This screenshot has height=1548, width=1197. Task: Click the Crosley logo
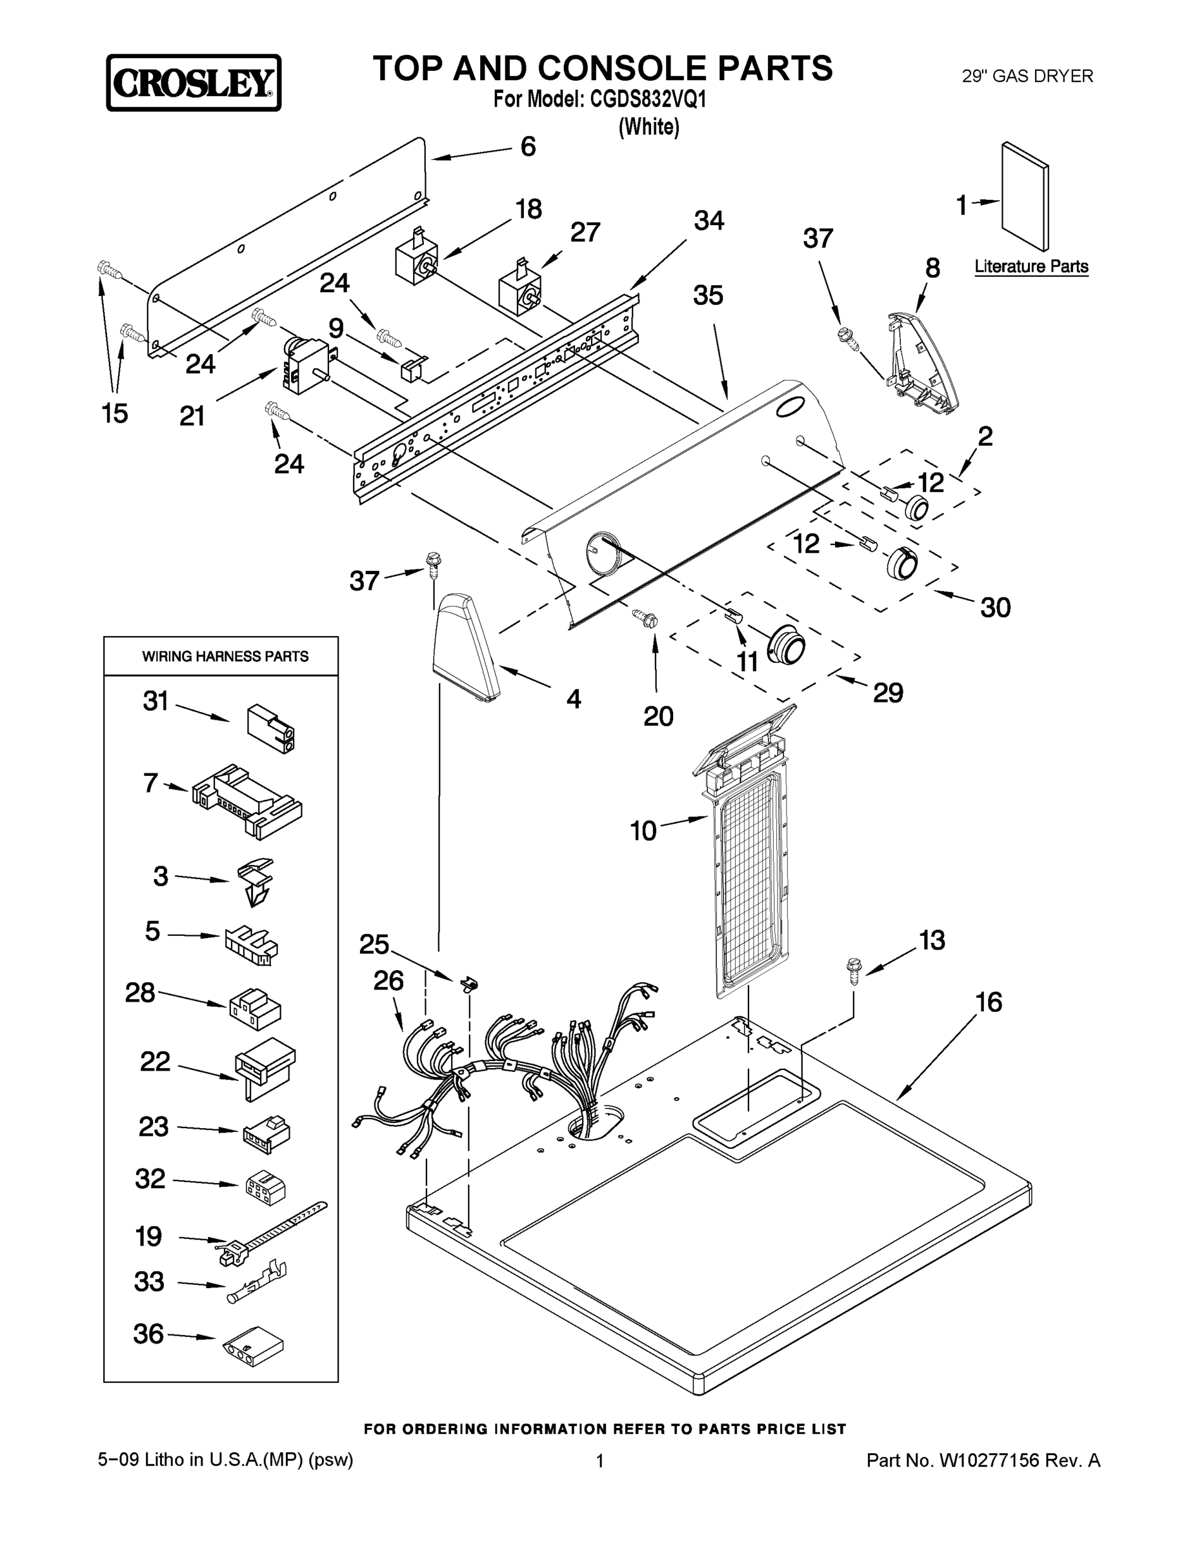point(194,83)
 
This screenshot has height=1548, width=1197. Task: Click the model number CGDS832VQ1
point(647,100)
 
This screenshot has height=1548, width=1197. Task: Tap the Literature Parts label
point(1031,266)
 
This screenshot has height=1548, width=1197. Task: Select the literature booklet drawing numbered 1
point(1025,196)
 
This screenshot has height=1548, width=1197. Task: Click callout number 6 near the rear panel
point(528,146)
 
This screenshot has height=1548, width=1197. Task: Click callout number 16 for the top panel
point(989,1002)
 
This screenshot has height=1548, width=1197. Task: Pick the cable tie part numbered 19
point(270,1234)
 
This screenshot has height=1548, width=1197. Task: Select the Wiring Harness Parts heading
point(225,657)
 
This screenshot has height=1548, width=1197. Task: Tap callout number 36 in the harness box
point(148,1334)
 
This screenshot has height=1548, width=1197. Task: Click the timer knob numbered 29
point(786,645)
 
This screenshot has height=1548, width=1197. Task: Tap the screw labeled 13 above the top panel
point(854,970)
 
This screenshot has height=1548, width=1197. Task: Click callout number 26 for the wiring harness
point(388,981)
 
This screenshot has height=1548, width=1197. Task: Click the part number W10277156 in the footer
point(989,1460)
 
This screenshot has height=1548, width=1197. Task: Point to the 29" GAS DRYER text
point(1027,76)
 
